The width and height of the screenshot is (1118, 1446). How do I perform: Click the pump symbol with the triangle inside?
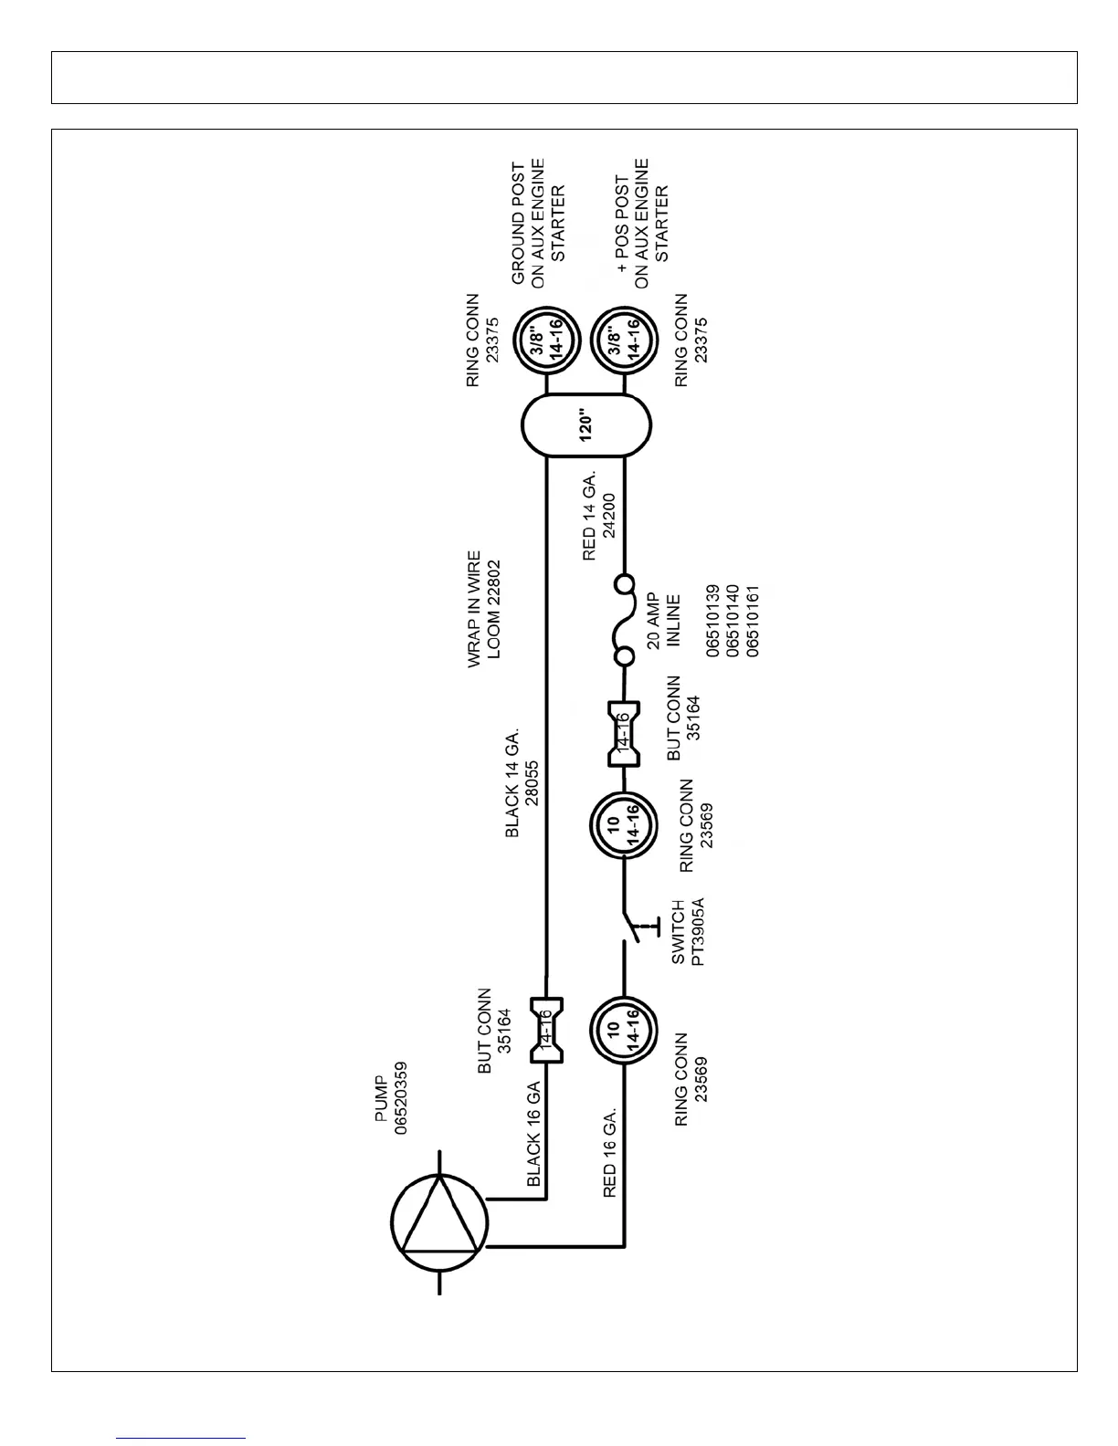(439, 1221)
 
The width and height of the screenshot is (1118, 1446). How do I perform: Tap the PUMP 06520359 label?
(393, 1097)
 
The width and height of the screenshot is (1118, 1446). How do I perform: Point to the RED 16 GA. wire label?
(610, 1152)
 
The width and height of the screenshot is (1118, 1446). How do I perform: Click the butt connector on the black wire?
(546, 1030)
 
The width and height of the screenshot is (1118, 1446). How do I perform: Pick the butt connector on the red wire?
(624, 733)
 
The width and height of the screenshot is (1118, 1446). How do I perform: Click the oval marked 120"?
(586, 426)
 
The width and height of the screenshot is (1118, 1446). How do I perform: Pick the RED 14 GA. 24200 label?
(598, 517)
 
